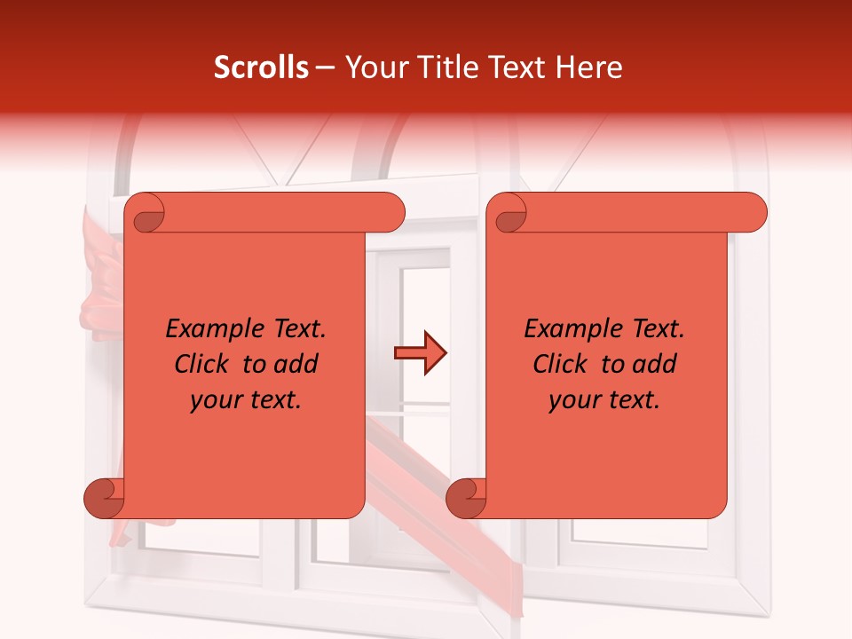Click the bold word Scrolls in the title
tap(261, 67)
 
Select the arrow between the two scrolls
tap(421, 352)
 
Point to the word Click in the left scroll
tap(206, 364)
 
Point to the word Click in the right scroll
tap(564, 364)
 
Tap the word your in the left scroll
tap(216, 399)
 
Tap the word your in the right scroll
tap(574, 399)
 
